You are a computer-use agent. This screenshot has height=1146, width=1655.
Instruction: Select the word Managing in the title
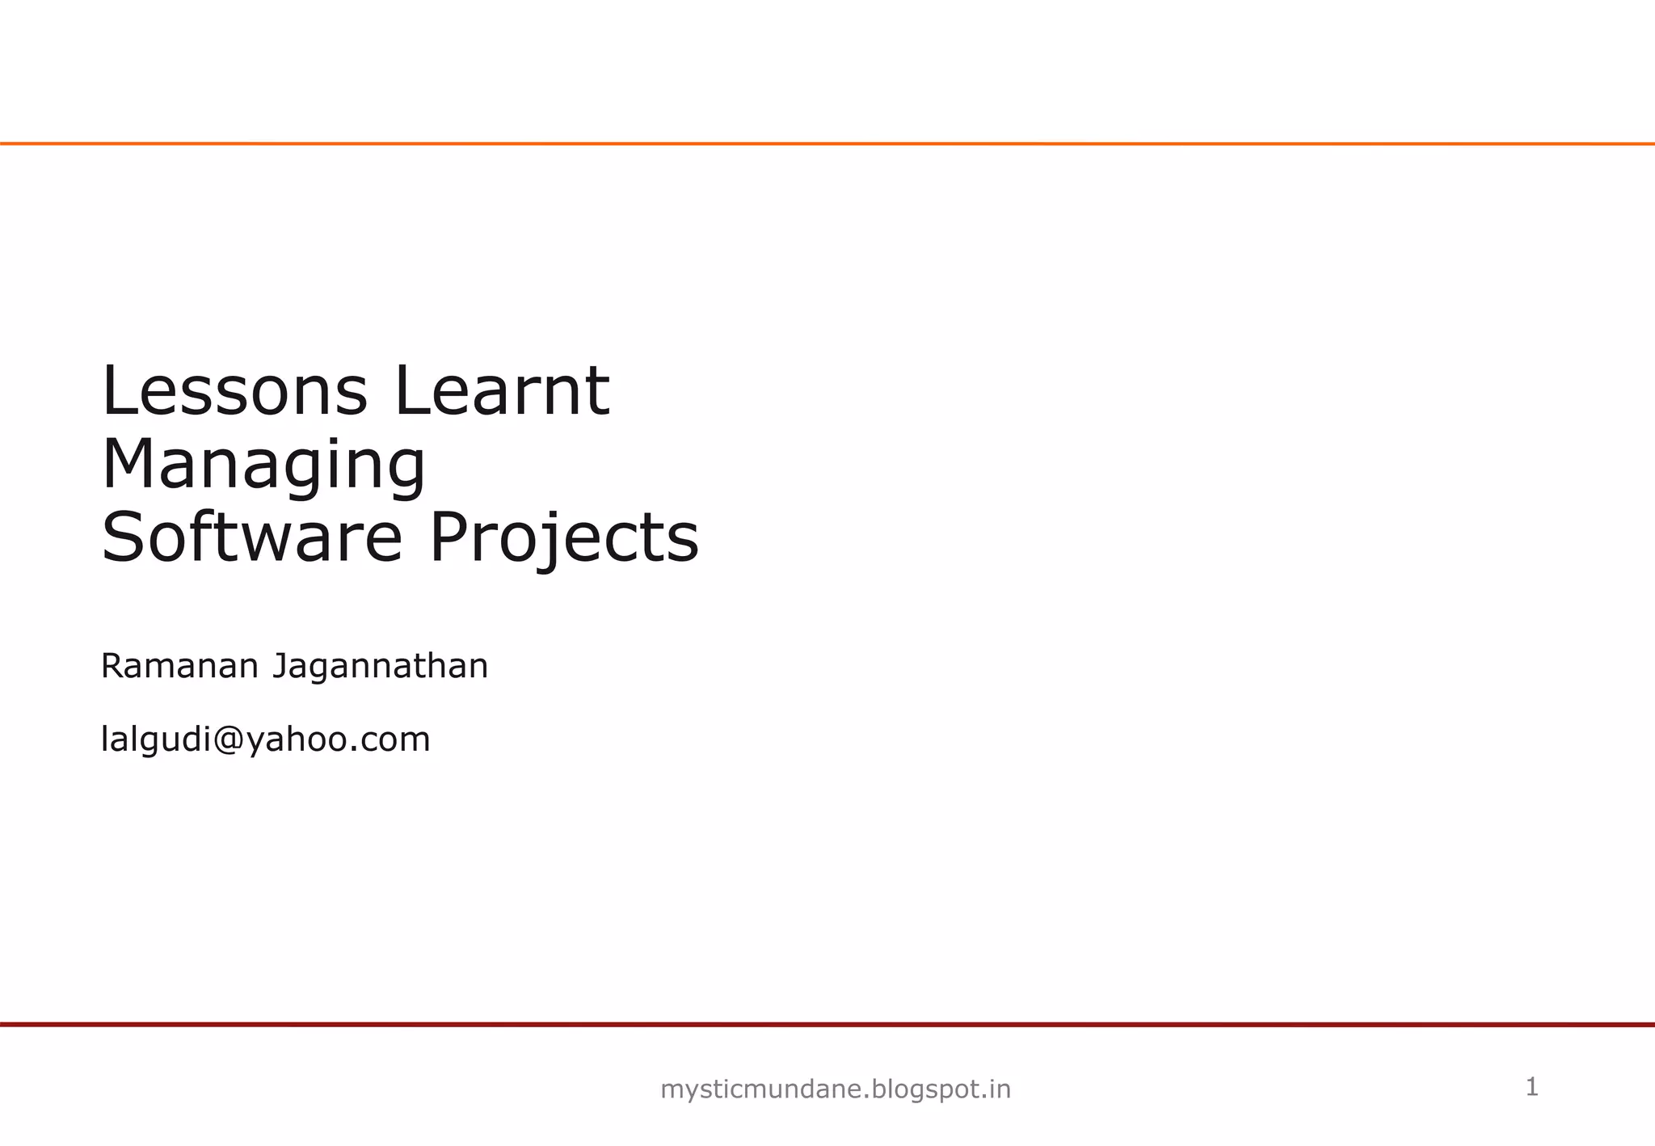tap(263, 466)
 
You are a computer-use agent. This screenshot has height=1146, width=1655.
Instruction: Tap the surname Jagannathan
tap(380, 667)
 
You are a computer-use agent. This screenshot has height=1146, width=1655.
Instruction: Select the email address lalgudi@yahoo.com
tap(265, 739)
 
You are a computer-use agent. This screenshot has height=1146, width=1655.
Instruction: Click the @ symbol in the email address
tap(229, 739)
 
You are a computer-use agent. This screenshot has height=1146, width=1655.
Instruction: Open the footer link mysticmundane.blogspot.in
tap(836, 1089)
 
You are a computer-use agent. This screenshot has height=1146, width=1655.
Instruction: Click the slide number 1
tap(1531, 1087)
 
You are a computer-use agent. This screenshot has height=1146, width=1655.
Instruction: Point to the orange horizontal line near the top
tap(827, 144)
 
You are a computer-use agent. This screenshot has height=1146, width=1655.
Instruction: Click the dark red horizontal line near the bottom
tap(827, 1024)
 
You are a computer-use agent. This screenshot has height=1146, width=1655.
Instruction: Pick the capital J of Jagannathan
tap(280, 667)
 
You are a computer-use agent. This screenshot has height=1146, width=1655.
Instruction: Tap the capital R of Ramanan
tap(112, 667)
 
